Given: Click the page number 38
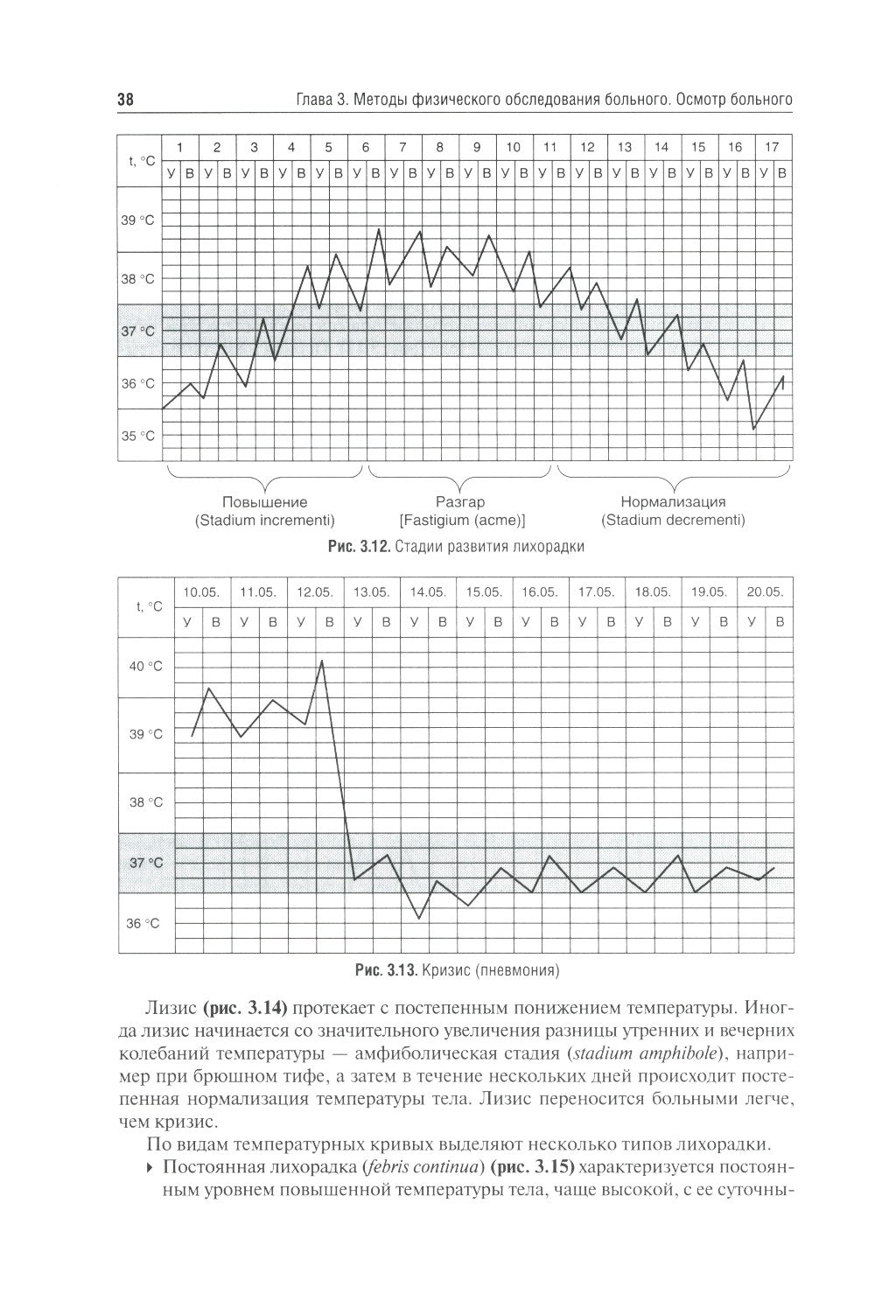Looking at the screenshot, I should coord(125,100).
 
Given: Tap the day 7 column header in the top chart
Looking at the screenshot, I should coord(402,147).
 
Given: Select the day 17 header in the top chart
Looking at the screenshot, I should coord(772,147).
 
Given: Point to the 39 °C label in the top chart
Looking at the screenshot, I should coord(137,220).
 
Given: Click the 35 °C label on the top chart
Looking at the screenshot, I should coord(137,436).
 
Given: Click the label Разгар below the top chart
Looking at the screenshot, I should coord(460,502).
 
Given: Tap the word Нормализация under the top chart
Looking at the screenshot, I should coord(673,502).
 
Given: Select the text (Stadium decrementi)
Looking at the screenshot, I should coord(673,520).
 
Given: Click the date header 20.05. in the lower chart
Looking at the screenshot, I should coord(765,591).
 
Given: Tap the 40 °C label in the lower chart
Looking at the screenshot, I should coord(146,667).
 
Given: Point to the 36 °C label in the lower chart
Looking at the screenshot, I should coord(146,923).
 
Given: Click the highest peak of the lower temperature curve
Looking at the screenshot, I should coord(322,661).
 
